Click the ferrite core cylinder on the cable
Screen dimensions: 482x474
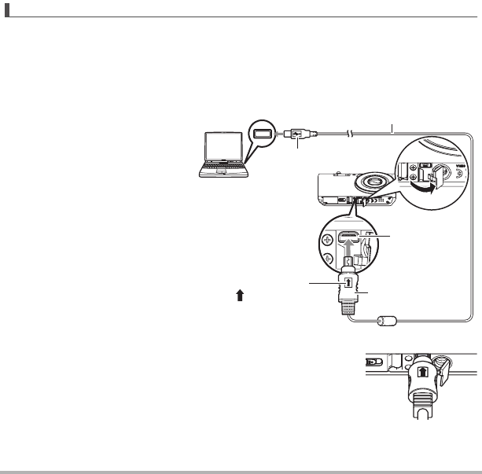pyautogui.click(x=384, y=321)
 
